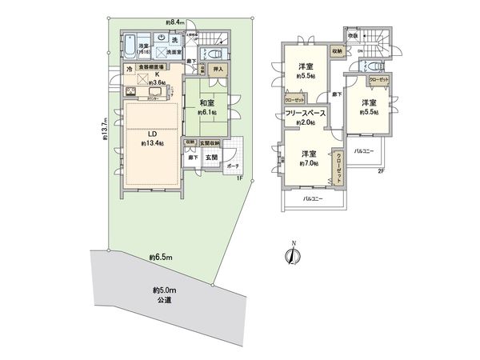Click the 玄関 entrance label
(210, 158)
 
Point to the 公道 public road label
(164, 300)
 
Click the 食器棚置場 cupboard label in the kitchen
(150, 69)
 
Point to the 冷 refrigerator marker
(127, 70)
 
